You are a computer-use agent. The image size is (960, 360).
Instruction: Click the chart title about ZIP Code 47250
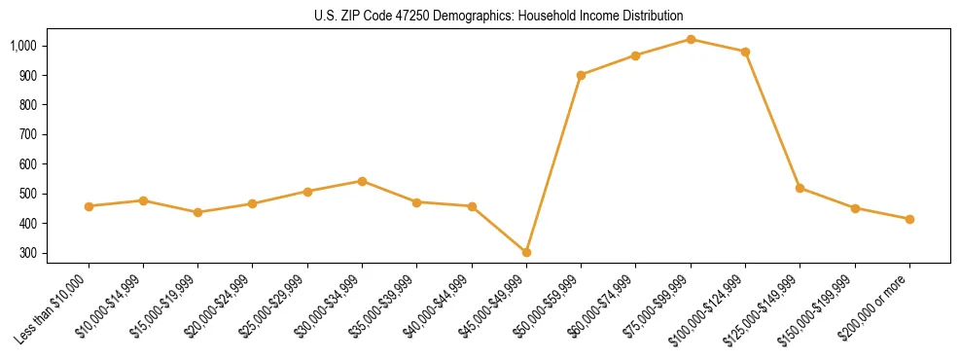tap(499, 17)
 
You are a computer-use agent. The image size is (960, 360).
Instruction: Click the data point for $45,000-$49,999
tap(526, 252)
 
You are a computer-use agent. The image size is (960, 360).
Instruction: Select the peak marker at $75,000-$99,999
tap(691, 39)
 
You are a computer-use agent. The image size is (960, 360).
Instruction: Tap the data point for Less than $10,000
tap(89, 206)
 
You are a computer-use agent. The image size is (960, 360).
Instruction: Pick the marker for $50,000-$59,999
tap(581, 75)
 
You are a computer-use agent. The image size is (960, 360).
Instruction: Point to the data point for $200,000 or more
tap(909, 219)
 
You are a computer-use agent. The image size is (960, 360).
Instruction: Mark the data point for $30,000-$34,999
tap(362, 181)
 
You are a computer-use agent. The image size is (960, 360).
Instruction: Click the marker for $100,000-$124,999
tap(745, 52)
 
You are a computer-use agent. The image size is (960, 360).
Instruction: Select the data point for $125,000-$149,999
tap(800, 188)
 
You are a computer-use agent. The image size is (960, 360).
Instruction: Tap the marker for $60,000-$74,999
tap(635, 55)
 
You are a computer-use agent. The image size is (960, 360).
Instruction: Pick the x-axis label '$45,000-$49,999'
tap(496, 306)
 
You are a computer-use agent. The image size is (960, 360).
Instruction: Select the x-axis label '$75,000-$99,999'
tap(660, 306)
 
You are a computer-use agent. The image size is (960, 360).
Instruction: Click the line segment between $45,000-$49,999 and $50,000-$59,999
tap(553, 163)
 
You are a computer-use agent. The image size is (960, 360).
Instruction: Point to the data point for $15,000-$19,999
tap(197, 212)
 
